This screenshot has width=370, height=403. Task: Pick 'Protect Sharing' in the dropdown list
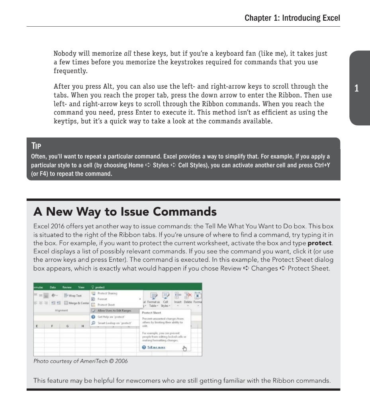point(107,293)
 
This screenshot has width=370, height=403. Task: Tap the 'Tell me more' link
point(156,347)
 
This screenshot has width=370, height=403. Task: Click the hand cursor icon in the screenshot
point(184,348)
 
